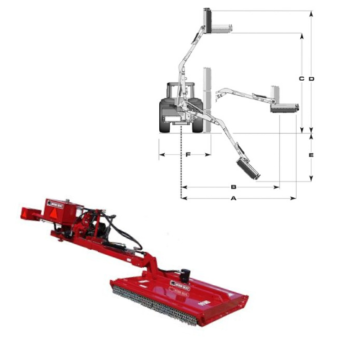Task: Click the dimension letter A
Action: point(234,199)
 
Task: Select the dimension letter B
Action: point(232,186)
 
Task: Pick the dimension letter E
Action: point(312,156)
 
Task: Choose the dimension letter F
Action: point(187,155)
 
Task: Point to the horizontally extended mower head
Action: point(281,99)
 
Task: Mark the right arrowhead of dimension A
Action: point(295,199)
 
